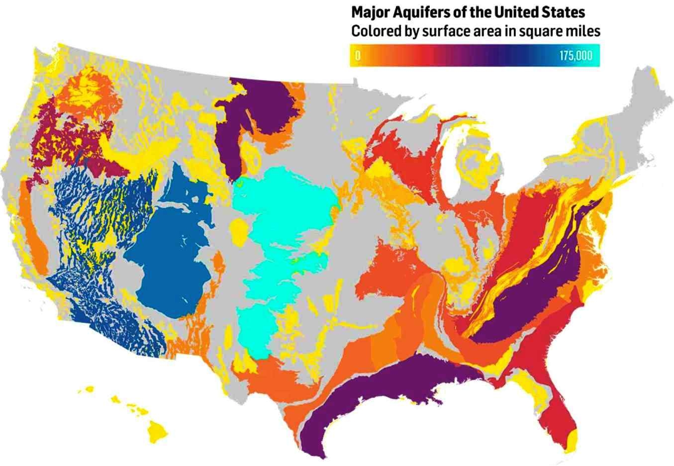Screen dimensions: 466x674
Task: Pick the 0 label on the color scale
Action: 357,56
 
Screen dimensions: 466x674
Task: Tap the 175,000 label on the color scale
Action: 576,56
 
